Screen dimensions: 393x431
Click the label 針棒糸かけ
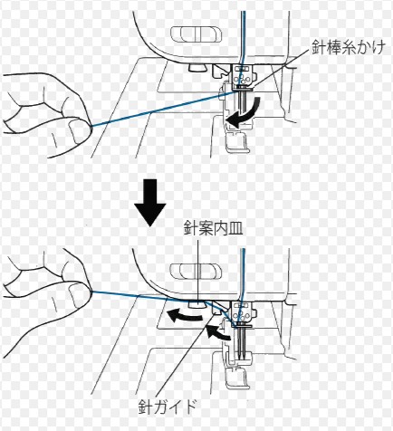coord(349,48)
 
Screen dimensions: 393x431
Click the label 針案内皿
coord(214,229)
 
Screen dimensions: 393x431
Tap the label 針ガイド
coord(168,407)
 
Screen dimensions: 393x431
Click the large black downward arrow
coord(150,203)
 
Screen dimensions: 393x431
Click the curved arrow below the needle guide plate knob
coord(184,316)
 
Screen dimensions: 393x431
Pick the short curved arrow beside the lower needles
coord(218,332)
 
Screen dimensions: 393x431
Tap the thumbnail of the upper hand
coord(78,131)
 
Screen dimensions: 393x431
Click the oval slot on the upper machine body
coord(196,34)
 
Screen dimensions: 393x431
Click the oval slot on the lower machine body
coord(196,271)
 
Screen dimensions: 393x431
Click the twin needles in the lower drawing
coord(241,342)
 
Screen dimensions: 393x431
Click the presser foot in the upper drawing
coord(237,141)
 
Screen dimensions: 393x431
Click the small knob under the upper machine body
coord(196,68)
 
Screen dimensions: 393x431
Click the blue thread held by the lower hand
coord(163,297)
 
